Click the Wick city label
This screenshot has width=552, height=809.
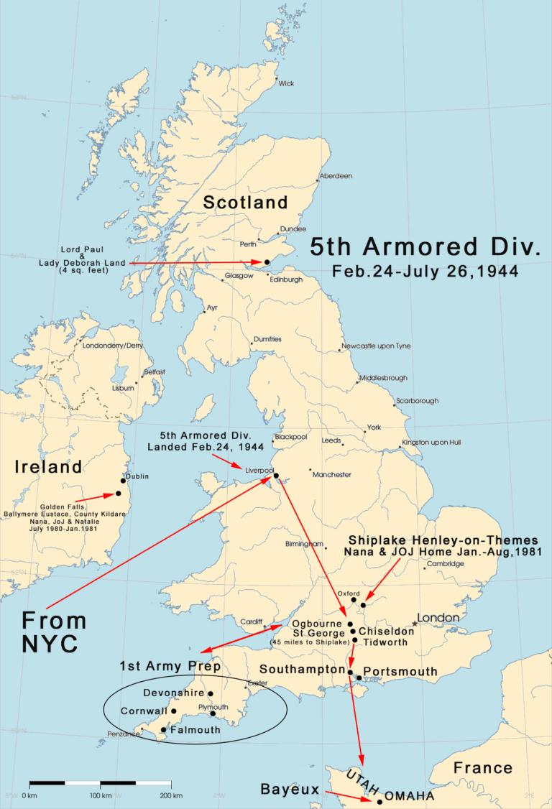pyautogui.click(x=286, y=83)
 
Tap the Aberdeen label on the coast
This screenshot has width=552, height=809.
pyautogui.click(x=336, y=176)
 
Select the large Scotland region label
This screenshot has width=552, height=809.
pyautogui.click(x=245, y=203)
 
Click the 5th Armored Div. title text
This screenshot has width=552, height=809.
pyautogui.click(x=425, y=247)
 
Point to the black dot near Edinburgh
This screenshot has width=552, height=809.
pyautogui.click(x=267, y=262)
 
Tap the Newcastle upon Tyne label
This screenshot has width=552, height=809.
pyautogui.click(x=377, y=346)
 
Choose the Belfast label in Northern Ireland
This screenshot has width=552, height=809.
pyautogui.click(x=154, y=371)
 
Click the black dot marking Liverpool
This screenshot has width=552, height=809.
pyautogui.click(x=276, y=475)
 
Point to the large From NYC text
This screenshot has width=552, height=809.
pyautogui.click(x=54, y=632)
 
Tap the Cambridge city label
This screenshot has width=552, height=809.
pyautogui.click(x=446, y=564)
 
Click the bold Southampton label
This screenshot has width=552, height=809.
pyautogui.click(x=302, y=669)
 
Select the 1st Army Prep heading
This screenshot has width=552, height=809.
pyautogui.click(x=170, y=665)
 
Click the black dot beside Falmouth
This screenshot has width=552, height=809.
pyautogui.click(x=164, y=730)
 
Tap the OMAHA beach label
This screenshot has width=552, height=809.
pyautogui.click(x=409, y=796)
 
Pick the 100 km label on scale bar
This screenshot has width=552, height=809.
pyautogui.click(x=101, y=795)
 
